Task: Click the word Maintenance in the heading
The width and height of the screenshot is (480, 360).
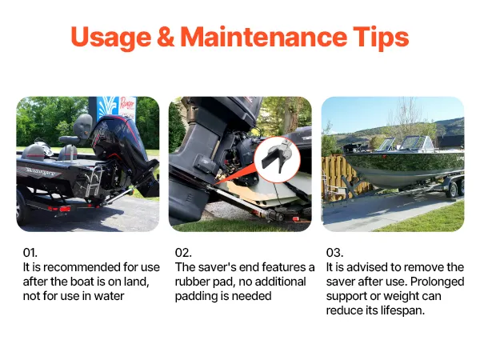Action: tap(263, 37)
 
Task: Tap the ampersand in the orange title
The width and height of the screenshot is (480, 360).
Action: tap(166, 37)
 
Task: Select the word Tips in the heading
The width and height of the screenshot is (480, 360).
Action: tap(381, 38)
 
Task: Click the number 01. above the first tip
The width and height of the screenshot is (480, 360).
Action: tap(30, 253)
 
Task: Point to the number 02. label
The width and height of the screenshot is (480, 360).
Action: tap(183, 253)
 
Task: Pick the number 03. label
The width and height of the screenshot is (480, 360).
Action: tap(334, 253)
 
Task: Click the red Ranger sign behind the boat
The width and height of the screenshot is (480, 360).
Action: tap(127, 108)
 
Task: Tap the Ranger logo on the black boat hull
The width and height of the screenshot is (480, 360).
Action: tap(40, 171)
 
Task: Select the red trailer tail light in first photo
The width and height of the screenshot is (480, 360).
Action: tap(65, 209)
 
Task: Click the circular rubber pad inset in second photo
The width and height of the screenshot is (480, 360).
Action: tap(277, 160)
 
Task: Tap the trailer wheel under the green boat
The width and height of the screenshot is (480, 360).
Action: tap(452, 190)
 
